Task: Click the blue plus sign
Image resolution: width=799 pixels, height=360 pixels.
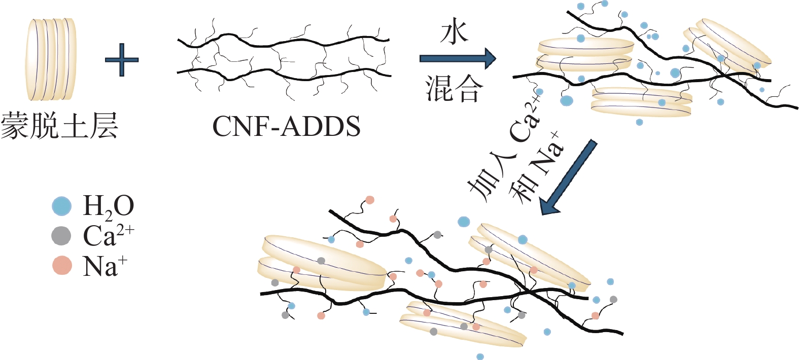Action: click(x=122, y=60)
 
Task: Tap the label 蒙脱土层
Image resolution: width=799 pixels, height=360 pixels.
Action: click(x=59, y=126)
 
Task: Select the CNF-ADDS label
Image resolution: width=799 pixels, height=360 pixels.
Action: click(x=286, y=126)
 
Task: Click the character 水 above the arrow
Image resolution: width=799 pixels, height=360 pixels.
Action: click(x=454, y=32)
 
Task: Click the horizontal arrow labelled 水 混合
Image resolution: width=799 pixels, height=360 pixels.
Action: click(x=457, y=59)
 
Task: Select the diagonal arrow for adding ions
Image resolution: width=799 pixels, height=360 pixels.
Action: click(x=568, y=177)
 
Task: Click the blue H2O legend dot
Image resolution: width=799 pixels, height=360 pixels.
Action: click(x=62, y=206)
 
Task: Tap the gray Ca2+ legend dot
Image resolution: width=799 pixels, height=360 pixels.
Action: click(x=61, y=235)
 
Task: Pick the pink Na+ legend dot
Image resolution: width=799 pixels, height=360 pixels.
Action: click(x=62, y=265)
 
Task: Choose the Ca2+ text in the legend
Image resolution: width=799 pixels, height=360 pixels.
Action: click(x=108, y=235)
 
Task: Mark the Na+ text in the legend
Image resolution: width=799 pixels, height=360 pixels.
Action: click(x=105, y=265)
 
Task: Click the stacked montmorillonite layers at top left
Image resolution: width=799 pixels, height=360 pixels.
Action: click(x=51, y=59)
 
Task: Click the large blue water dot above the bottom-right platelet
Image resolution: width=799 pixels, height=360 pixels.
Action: click(x=464, y=222)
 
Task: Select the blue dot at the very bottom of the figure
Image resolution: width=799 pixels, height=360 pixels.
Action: click(x=480, y=356)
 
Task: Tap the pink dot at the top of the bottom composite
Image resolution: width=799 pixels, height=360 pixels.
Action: click(x=370, y=200)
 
